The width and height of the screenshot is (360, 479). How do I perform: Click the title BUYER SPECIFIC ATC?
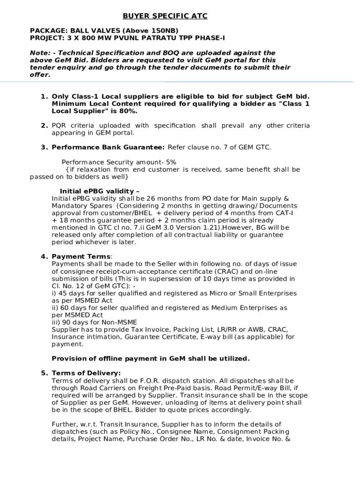click(x=165, y=16)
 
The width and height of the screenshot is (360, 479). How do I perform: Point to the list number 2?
click(x=44, y=125)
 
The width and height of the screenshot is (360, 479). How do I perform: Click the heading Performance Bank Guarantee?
click(x=108, y=147)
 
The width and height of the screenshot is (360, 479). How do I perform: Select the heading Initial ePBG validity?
click(x=99, y=191)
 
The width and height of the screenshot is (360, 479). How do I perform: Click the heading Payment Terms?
click(x=81, y=256)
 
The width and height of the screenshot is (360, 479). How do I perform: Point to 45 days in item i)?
click(x=66, y=293)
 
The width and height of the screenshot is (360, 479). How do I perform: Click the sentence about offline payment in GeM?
click(x=151, y=359)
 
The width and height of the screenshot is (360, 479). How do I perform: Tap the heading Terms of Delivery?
click(x=86, y=373)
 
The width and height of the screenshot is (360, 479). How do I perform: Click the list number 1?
click(x=44, y=96)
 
